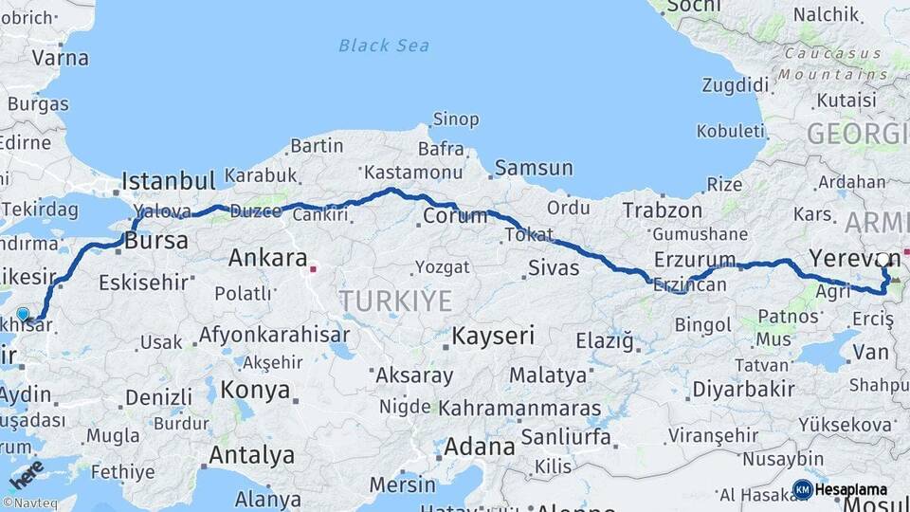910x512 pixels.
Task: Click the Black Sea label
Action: pos(384,46)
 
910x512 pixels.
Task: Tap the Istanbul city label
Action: pos(169,181)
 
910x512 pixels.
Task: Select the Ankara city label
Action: pos(267,258)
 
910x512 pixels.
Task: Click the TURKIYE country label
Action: pos(395,302)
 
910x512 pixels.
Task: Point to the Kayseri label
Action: pos(493,336)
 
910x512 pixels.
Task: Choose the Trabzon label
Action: pos(663,210)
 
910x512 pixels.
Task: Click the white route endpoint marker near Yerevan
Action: pos(883,259)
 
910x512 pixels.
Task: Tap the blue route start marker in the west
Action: pos(23,313)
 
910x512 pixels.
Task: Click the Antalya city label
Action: pos(251,455)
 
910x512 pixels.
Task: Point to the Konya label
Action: pos(255,390)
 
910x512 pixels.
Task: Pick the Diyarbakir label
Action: pos(743,389)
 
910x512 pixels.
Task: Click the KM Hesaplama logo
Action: pos(840,489)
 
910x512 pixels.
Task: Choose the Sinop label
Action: pos(455,119)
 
